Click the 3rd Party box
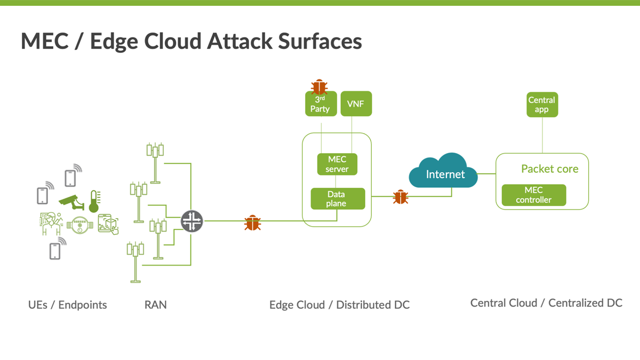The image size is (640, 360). (x=321, y=105)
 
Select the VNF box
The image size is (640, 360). (x=356, y=104)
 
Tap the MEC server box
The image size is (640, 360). (x=337, y=164)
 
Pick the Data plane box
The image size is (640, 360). (x=338, y=199)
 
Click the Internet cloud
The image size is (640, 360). (x=445, y=173)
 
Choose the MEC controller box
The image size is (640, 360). (x=533, y=195)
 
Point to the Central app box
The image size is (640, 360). (x=542, y=105)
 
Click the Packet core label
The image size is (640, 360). (x=549, y=169)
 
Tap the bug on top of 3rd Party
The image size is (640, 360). (x=319, y=86)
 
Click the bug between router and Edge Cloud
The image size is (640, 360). (x=252, y=223)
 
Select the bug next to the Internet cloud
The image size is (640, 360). (x=401, y=197)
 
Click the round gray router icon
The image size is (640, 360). (x=192, y=221)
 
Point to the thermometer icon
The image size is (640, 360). (x=94, y=201)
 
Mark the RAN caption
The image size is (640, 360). (x=155, y=305)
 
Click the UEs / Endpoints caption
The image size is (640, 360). (x=67, y=305)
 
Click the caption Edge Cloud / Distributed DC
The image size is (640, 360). (x=339, y=305)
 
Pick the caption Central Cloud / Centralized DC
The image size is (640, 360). (x=546, y=303)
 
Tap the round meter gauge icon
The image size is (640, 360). (x=79, y=226)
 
